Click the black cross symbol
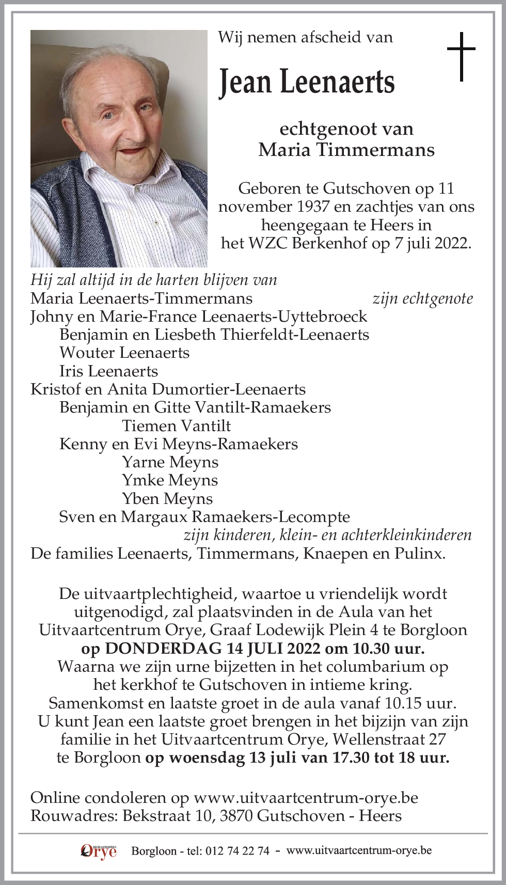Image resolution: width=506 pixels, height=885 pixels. tap(461, 56)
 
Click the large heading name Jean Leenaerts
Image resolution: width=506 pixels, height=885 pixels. tap(307, 83)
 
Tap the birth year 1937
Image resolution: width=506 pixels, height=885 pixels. tap(313, 207)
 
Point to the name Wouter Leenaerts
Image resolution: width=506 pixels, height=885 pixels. tap(124, 353)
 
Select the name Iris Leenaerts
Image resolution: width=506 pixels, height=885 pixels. tap(108, 371)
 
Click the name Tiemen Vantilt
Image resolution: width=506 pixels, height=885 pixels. tap(176, 426)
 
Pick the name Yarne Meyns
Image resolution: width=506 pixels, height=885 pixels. tap(170, 462)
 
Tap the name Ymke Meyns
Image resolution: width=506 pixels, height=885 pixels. tap(170, 480)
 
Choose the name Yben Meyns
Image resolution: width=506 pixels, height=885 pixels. tap(167, 499)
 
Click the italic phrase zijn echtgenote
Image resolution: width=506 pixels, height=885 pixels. tap(422, 298)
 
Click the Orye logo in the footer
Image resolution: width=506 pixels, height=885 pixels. tap(99, 851)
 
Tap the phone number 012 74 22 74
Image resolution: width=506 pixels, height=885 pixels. tap(237, 851)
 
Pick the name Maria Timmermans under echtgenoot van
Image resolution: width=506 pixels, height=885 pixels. tap(346, 150)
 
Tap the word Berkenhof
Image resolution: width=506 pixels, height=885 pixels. tap(329, 243)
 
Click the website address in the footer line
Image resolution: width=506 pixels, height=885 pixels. tap(359, 850)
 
